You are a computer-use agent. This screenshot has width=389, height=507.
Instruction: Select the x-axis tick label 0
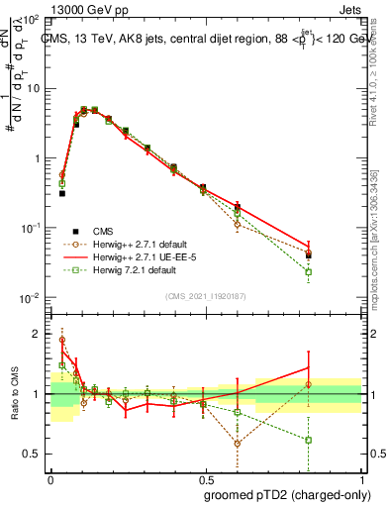[x=50, y=477]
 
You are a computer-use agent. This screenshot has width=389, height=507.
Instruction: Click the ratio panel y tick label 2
[x=39, y=334]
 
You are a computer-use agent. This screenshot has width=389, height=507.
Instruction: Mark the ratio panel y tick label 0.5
[x=35, y=454]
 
